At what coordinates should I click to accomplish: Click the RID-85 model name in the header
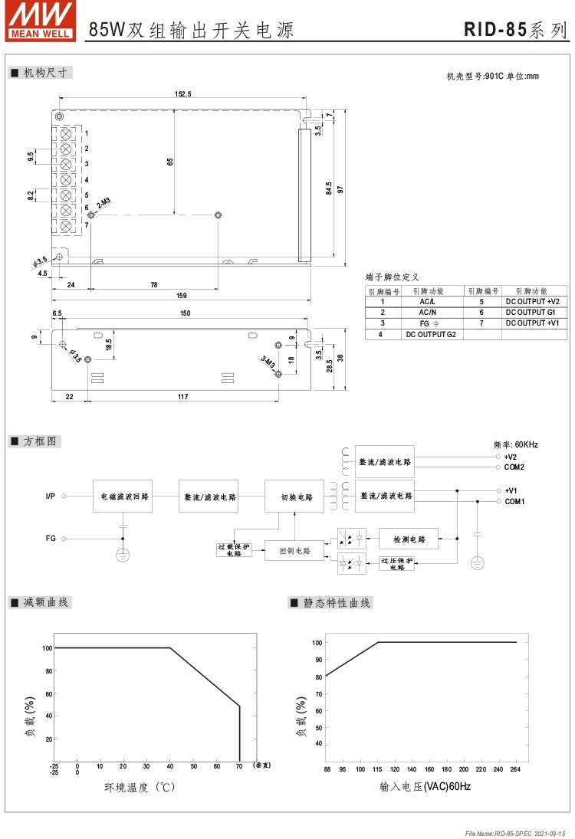495,30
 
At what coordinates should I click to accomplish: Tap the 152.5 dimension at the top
182,93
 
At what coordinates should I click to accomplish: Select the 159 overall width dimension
182,295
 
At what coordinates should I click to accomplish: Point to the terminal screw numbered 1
66,133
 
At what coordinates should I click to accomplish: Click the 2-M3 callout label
103,204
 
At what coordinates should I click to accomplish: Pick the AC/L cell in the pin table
427,302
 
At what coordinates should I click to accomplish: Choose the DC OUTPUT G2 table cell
430,334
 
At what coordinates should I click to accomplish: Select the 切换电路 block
295,497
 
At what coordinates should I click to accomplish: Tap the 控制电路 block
294,550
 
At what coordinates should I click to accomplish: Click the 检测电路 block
408,539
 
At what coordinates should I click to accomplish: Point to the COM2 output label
514,467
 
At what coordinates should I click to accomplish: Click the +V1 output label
511,490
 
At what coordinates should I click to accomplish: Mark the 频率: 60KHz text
515,444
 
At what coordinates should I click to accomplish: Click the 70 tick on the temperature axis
240,765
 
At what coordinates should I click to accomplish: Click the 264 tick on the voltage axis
516,769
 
